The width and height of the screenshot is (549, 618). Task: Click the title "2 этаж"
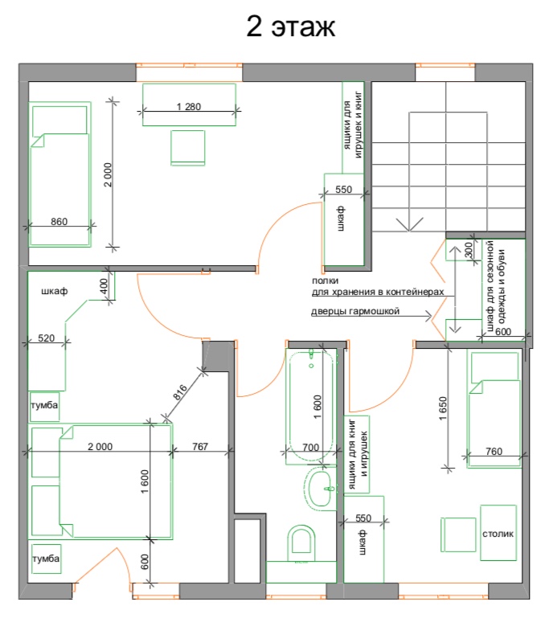[x=290, y=26]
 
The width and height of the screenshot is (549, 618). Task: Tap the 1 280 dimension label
[x=188, y=106]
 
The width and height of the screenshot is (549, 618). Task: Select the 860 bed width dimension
[x=59, y=222]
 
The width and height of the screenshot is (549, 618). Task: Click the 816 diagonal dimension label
[x=180, y=392]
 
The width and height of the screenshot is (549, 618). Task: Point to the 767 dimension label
[x=200, y=446]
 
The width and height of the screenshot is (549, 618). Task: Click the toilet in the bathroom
[x=301, y=542]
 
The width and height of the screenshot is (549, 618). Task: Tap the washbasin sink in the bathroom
[x=319, y=489]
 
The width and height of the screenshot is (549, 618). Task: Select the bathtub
[x=311, y=406]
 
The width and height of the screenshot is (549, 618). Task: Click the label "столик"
[x=498, y=534]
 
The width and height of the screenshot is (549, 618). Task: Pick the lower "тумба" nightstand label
[x=46, y=559]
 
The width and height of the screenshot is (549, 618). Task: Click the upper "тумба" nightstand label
[x=44, y=405]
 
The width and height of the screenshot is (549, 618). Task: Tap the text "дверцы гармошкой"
[x=355, y=311]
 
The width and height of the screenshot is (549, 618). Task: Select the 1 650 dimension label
[x=443, y=408]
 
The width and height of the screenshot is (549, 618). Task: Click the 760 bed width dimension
[x=494, y=451]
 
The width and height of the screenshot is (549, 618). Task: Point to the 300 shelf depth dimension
[x=469, y=250]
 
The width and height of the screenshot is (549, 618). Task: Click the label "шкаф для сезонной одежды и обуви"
[x=496, y=286]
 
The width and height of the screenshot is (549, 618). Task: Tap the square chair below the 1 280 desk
[x=188, y=148]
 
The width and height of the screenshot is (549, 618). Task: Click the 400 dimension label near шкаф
[x=104, y=285]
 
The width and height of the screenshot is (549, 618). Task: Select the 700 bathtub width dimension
[x=310, y=448]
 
